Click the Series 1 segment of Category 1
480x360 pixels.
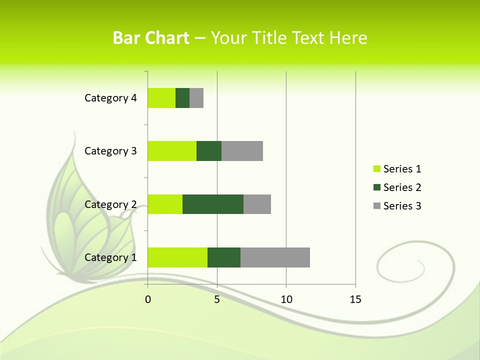[x=177, y=257]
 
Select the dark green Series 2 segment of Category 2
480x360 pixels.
[x=213, y=204]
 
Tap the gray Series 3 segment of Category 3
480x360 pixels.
[x=242, y=151]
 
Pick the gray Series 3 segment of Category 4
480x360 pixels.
[x=196, y=98]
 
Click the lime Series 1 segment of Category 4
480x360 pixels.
[x=161, y=98]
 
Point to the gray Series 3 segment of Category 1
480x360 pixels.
[x=275, y=257]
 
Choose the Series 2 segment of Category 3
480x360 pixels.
[x=209, y=151]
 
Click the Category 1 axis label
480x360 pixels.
[x=110, y=257]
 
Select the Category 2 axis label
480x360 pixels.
[x=110, y=204]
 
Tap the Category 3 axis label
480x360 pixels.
[x=110, y=151]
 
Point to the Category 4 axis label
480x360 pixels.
[x=110, y=98]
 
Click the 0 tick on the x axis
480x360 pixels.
[x=148, y=299]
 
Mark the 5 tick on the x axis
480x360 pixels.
[x=217, y=299]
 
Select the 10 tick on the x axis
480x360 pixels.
[x=286, y=299]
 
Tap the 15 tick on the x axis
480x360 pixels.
[x=355, y=299]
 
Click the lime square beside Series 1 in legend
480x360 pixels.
[x=376, y=169]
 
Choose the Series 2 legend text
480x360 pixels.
[x=402, y=187]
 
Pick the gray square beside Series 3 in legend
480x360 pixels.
[x=376, y=206]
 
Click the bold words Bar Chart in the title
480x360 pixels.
[x=151, y=38]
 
